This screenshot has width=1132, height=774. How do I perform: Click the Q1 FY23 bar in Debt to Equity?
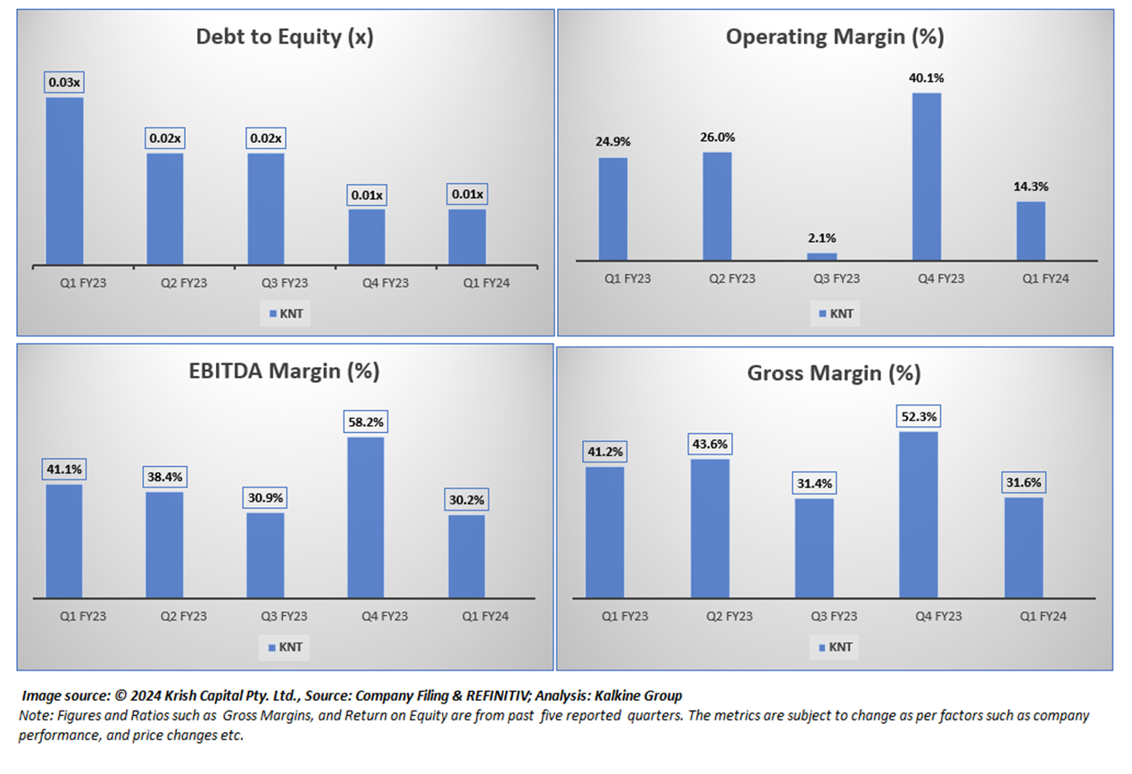pos(64,181)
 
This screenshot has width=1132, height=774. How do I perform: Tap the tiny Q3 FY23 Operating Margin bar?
pos(822,257)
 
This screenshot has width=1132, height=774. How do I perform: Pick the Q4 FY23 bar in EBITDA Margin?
pos(365,517)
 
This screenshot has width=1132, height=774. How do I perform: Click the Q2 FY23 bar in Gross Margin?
pos(710,528)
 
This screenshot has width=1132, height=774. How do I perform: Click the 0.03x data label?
pos(64,83)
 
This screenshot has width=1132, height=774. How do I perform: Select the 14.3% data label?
pos(1030,187)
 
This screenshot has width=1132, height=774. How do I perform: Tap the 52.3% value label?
pos(919,417)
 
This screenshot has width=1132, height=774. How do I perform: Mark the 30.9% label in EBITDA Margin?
pos(265,497)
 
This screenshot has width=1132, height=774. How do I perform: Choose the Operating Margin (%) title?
pos(835,37)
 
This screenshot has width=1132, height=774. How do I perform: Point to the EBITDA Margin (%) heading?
pos(285,370)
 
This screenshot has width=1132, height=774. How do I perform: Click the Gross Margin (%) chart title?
pos(834,373)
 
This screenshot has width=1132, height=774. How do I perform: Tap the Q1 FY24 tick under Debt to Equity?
pos(486,283)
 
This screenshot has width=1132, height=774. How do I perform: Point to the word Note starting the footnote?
pos(32,716)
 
